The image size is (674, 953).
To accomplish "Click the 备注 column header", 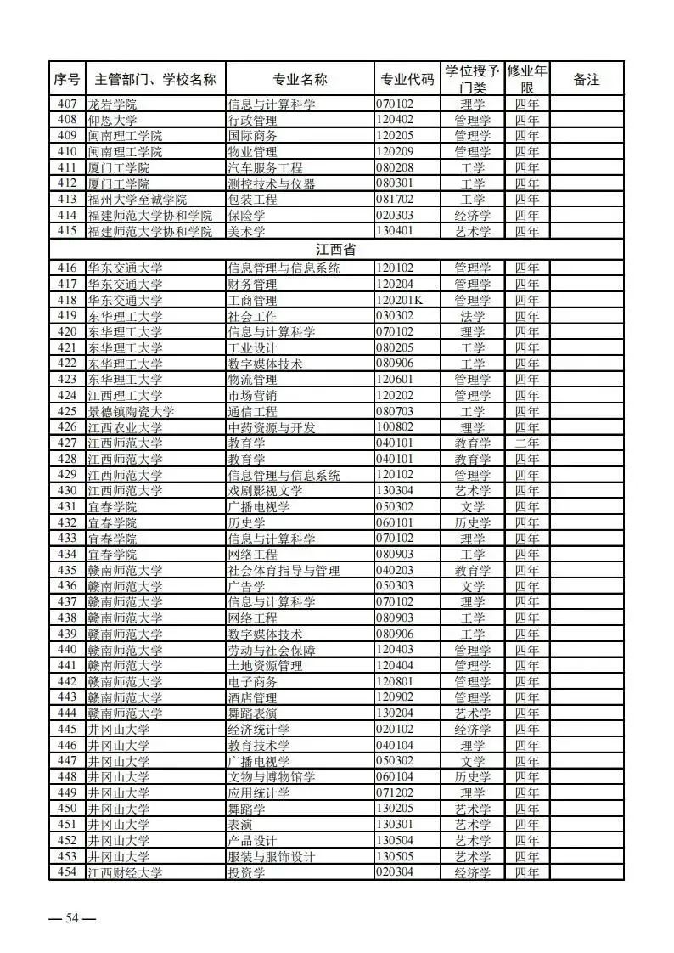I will coord(586,79).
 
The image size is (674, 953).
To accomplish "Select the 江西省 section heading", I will coord(335,250).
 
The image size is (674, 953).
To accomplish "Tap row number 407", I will coord(67,104).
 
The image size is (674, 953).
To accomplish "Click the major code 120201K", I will coord(402,300).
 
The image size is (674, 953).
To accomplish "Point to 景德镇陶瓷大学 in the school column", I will coord(131,411).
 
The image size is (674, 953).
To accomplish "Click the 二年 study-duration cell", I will coord(526,443).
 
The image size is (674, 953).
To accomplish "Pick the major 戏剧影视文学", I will coord(265,491).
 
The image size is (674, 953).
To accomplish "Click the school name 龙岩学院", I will coord(112,104).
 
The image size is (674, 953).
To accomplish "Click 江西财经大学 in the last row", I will coord(125,872).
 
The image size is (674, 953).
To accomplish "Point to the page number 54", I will coord(72,917).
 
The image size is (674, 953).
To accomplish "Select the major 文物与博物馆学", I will coord(271,777).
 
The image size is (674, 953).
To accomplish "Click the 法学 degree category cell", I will coord(472,316).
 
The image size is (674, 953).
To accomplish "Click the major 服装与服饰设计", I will coord(277,857).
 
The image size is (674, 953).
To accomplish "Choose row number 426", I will coord(67,427).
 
